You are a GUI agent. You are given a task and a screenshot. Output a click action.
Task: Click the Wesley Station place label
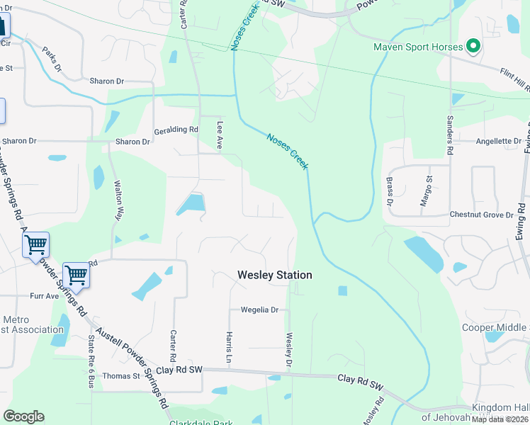pyautogui.click(x=274, y=275)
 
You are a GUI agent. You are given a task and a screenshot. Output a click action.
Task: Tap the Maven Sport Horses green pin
pyautogui.click(x=473, y=47)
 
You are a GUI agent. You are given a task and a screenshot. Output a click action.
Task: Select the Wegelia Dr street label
pyautogui.click(x=259, y=310)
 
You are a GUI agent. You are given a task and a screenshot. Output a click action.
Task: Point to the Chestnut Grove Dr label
pyautogui.click(x=481, y=215)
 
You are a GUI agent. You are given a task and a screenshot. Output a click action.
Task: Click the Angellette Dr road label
pyautogui.click(x=498, y=141)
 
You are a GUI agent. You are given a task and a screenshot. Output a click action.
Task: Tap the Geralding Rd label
pyautogui.click(x=176, y=130)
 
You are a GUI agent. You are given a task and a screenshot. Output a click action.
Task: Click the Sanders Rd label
pyautogui.click(x=449, y=135)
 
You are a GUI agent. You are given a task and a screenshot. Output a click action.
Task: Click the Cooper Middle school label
pyautogui.click(x=495, y=327)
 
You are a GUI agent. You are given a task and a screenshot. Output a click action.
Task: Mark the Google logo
pyautogui.click(x=23, y=416)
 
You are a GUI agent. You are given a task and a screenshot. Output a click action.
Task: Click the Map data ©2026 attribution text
pyautogui.click(x=500, y=419)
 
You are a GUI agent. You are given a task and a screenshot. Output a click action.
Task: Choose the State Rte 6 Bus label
pyautogui.click(x=91, y=361)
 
